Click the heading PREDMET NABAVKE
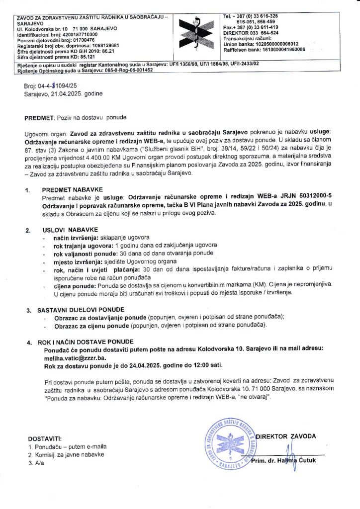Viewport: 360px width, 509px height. pos(72,190)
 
